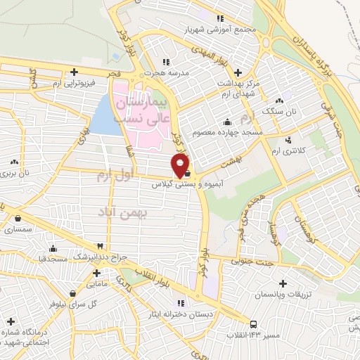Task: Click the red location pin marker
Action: click(181, 166)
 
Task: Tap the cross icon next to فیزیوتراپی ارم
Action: click(74, 72)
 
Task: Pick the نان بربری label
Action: click(16, 172)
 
